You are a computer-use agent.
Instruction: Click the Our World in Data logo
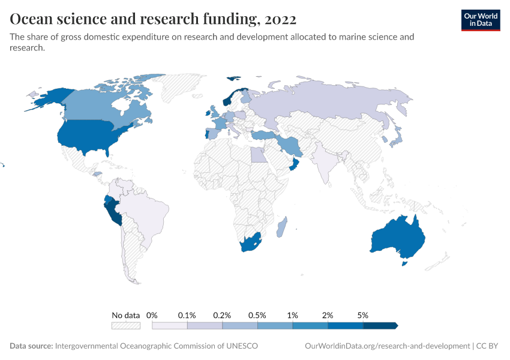click(x=480, y=19)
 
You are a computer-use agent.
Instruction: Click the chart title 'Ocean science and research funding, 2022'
click(x=153, y=20)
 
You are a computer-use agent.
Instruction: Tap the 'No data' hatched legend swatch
click(x=125, y=325)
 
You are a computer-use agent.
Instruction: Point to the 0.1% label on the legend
click(x=187, y=315)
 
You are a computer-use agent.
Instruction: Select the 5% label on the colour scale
click(x=362, y=315)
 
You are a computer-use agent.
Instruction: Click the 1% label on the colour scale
click(x=293, y=315)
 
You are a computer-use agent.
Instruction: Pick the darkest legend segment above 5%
click(x=379, y=325)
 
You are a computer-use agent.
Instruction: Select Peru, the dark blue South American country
click(x=113, y=211)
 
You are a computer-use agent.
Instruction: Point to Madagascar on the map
click(x=281, y=228)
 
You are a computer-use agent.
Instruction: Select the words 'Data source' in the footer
click(x=31, y=346)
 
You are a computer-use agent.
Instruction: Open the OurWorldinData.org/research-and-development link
click(x=387, y=346)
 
